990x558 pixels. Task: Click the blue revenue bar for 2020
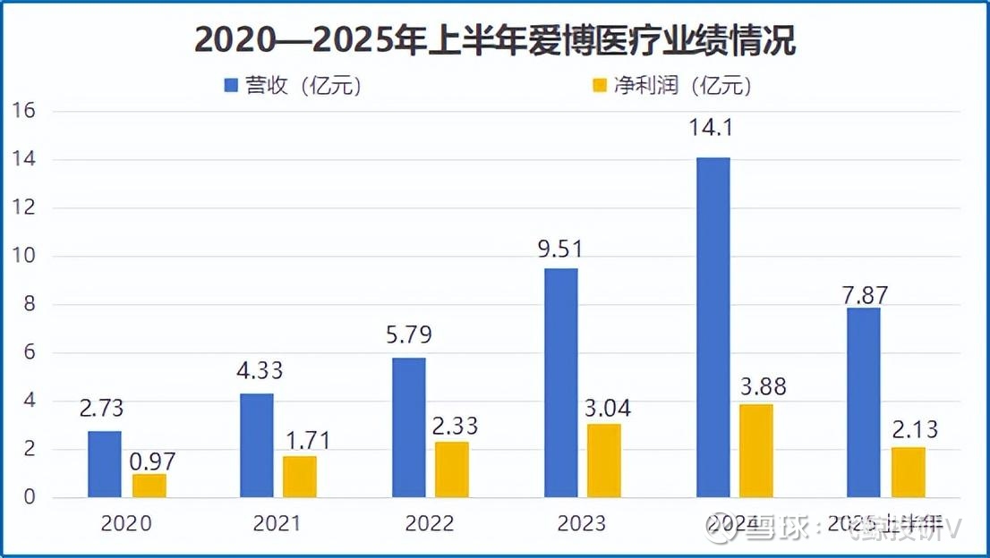tap(105, 464)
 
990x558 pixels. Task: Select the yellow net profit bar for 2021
tap(300, 477)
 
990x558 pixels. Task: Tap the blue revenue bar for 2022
tap(409, 427)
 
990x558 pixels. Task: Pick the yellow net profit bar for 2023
tap(604, 461)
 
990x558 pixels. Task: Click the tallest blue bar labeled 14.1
tap(713, 327)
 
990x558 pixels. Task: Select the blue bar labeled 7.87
tap(864, 402)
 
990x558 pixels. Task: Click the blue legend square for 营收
tap(231, 86)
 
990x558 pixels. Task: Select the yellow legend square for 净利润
tap(599, 86)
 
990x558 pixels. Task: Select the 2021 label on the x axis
tap(277, 524)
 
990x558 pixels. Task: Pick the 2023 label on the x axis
tap(582, 524)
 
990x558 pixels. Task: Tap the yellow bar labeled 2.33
tap(452, 469)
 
